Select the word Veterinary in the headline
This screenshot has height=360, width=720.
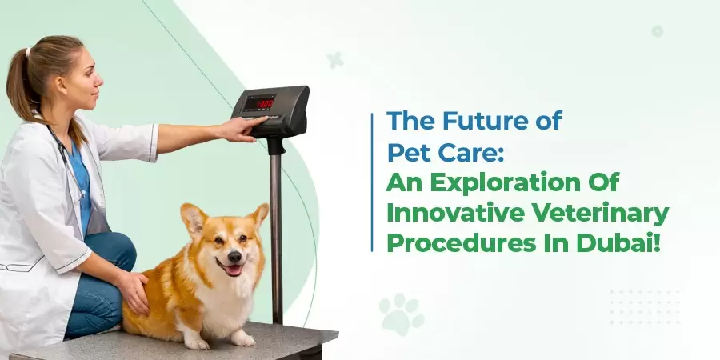coord(618,214)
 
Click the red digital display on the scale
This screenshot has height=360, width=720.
coord(258,102)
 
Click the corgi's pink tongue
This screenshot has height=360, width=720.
coord(234,271)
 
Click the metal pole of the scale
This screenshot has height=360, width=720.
coord(276,232)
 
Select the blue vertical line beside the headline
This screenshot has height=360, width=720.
coord(373,182)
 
